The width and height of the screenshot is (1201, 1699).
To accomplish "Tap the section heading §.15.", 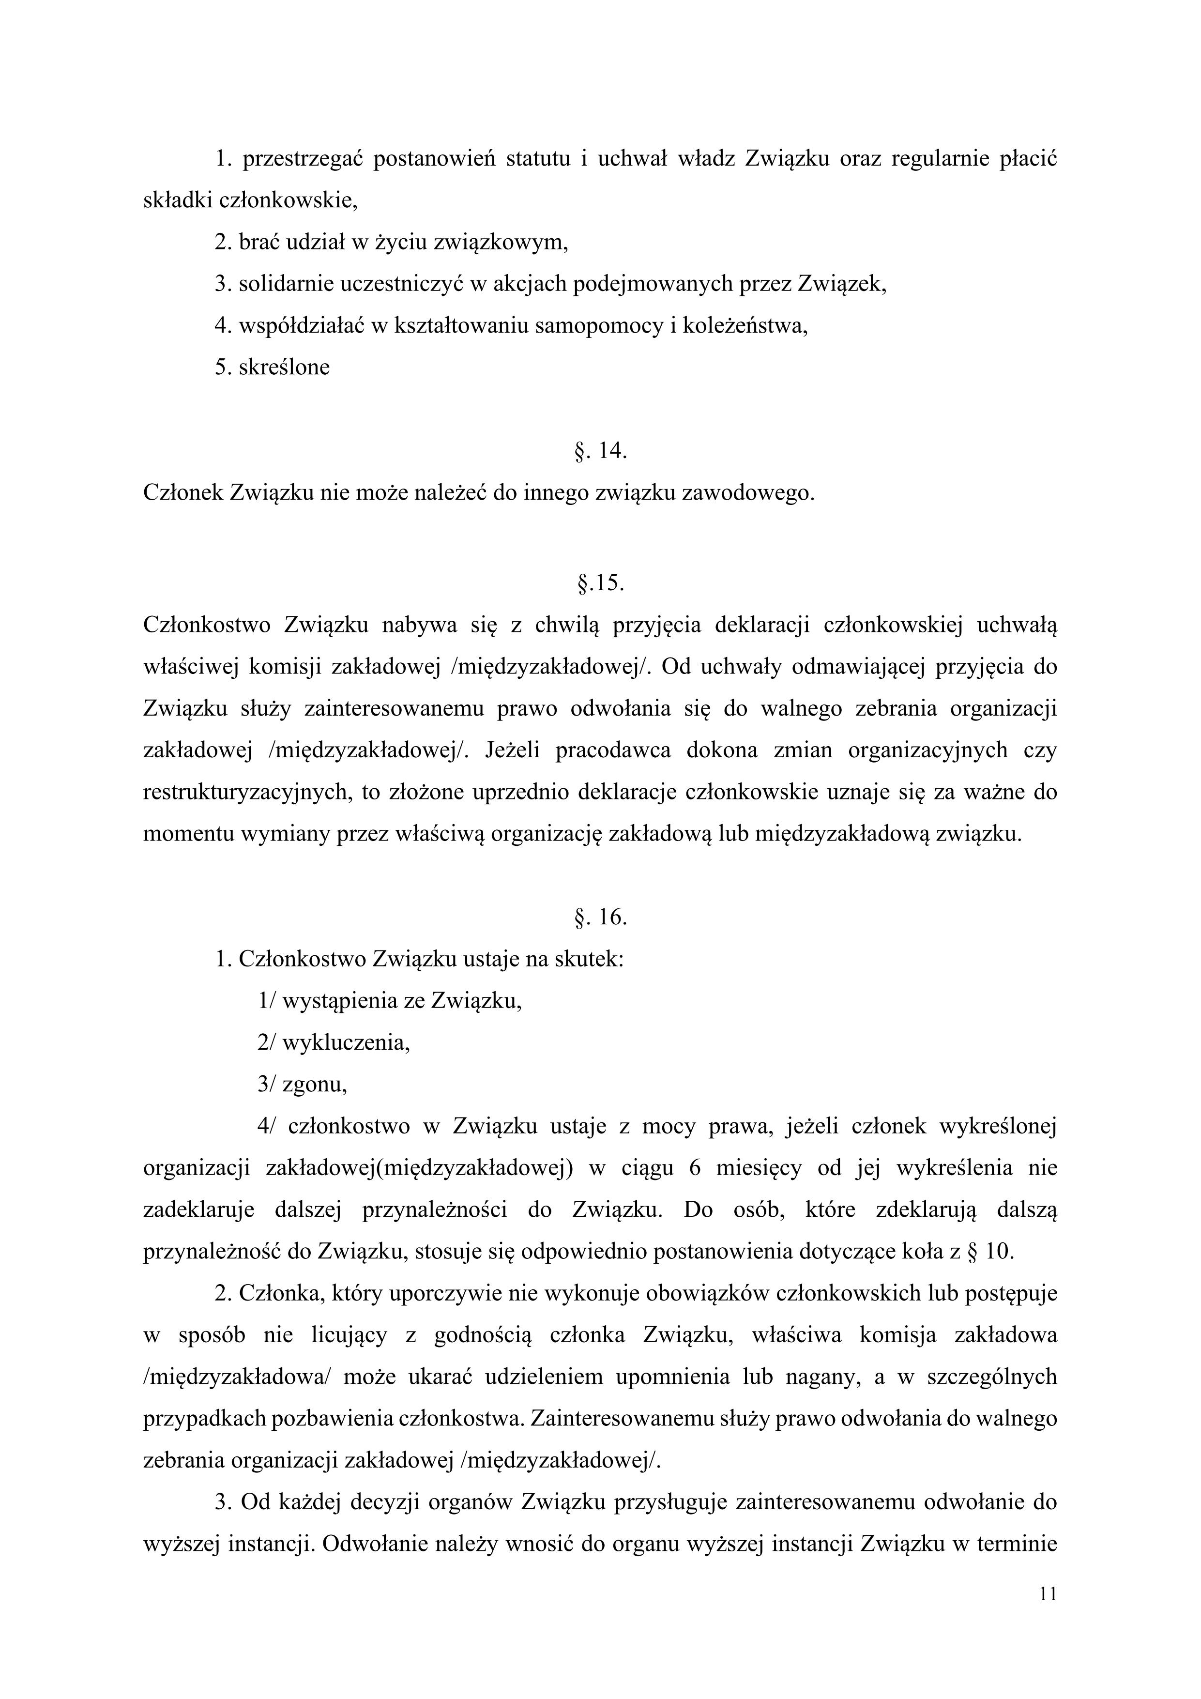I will coord(600,584).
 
